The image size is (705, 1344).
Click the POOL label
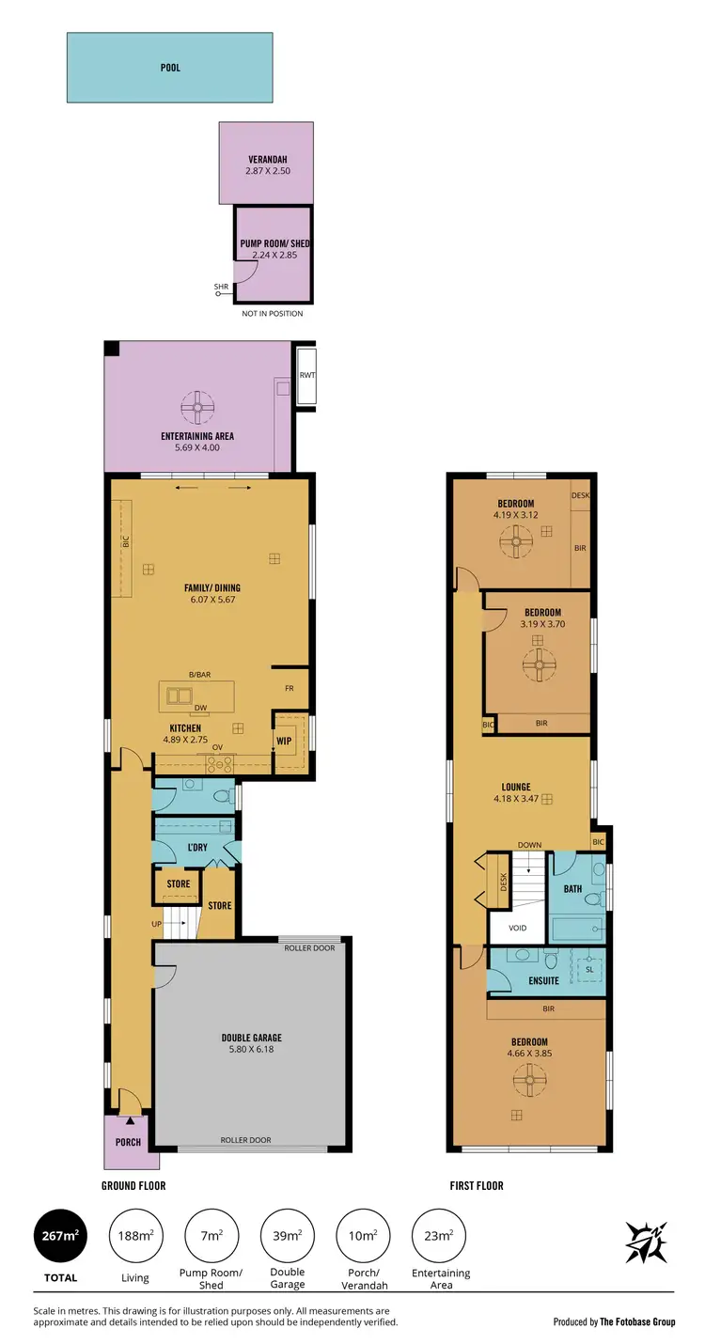click(x=170, y=68)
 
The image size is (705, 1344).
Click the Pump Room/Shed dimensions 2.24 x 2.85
click(x=274, y=256)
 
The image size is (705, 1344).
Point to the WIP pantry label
click(x=283, y=742)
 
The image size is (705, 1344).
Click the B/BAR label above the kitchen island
click(x=199, y=675)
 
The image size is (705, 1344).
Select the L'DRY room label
click(x=196, y=848)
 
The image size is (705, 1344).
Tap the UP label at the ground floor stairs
click(x=156, y=925)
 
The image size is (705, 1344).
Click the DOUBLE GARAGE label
click(x=252, y=1038)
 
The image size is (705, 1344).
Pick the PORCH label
click(x=128, y=1142)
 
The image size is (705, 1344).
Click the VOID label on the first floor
click(x=518, y=928)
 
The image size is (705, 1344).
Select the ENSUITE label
click(x=543, y=980)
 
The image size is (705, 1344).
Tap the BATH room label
click(x=572, y=888)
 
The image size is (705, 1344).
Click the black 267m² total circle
click(x=60, y=1235)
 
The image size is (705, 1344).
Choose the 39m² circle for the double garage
click(x=288, y=1235)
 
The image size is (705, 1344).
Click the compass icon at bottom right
click(x=647, y=1242)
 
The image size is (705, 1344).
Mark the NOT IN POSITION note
click(x=273, y=313)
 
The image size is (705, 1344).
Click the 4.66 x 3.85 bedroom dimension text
click(x=529, y=1054)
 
